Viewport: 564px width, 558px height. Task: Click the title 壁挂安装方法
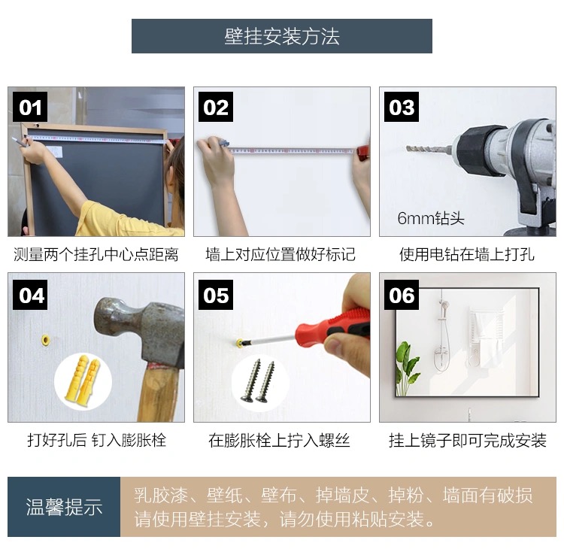pyautogui.click(x=282, y=36)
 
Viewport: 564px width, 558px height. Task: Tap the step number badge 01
pyautogui.click(x=30, y=107)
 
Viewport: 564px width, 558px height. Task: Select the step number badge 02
pyautogui.click(x=216, y=107)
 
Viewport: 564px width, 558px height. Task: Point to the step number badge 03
pyautogui.click(x=402, y=107)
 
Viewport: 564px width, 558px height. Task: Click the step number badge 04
pyautogui.click(x=30, y=295)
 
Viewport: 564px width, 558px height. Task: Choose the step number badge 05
pyautogui.click(x=216, y=295)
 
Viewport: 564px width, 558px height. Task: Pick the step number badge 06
pyautogui.click(x=402, y=295)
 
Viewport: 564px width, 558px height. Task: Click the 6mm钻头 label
pyautogui.click(x=431, y=218)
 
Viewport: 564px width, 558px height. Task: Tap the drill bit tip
pyautogui.click(x=407, y=148)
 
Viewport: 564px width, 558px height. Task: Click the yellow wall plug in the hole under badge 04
pyautogui.click(x=46, y=340)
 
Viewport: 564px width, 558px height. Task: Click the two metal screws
pyautogui.click(x=258, y=381)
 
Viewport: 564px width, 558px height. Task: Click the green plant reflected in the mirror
pyautogui.click(x=406, y=368)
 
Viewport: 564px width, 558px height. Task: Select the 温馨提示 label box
pyautogui.click(x=64, y=507)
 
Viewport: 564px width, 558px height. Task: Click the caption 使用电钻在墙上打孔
pyautogui.click(x=467, y=254)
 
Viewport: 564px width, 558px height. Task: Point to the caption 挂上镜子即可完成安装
pyautogui.click(x=468, y=441)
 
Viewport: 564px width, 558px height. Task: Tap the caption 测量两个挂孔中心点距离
pyautogui.click(x=96, y=254)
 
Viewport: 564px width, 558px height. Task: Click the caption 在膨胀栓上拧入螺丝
pyautogui.click(x=279, y=441)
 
